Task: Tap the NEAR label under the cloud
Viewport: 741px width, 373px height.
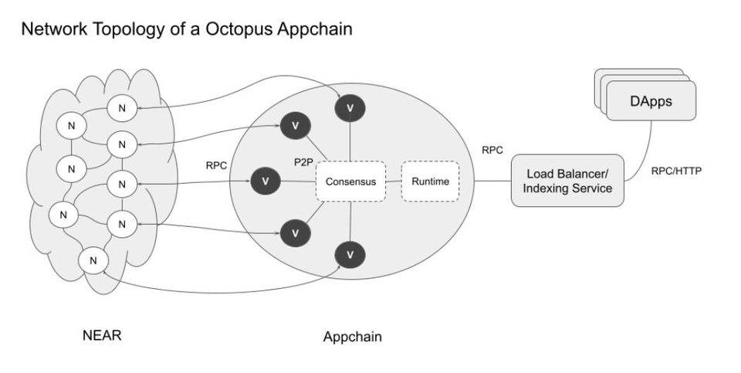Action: (102, 335)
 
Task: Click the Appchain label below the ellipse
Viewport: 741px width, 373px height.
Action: (352, 337)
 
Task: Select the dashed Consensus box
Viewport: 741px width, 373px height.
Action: (350, 181)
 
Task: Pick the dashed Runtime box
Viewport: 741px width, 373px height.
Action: (430, 181)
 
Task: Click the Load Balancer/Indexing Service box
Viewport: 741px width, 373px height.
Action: (567, 181)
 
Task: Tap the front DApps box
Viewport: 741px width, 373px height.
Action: (650, 101)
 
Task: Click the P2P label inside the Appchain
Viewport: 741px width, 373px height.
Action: (303, 163)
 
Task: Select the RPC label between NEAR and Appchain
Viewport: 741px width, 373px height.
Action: (216, 165)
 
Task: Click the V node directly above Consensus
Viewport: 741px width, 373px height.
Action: (350, 109)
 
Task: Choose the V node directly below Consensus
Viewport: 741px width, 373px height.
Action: (350, 254)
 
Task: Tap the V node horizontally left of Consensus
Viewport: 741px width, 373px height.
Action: (266, 181)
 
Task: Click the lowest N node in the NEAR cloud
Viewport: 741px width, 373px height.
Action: (93, 261)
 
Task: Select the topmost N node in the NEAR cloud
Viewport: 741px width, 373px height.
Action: (120, 108)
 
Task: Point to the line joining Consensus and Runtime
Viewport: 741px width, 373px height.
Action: (393, 181)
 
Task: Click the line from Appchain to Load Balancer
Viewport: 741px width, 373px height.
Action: (492, 181)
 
